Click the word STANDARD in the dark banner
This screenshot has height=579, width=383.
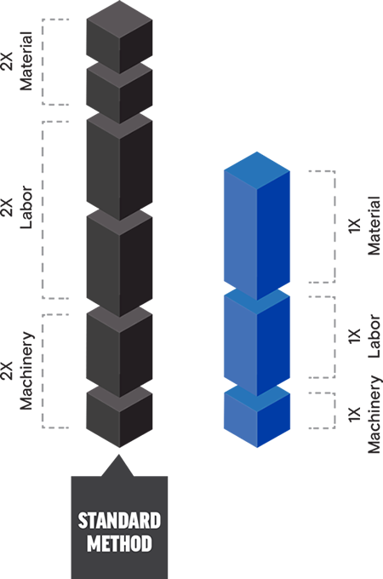point(119,520)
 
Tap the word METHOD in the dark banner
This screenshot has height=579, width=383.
point(119,543)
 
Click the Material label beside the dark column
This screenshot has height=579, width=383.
point(26,61)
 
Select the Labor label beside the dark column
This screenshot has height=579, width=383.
point(26,208)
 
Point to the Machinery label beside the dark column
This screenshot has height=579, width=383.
point(26,370)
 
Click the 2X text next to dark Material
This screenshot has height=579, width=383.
point(7,61)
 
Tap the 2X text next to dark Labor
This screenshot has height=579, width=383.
point(7,208)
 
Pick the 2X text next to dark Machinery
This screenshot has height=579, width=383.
point(7,370)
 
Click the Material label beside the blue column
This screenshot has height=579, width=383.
point(374,226)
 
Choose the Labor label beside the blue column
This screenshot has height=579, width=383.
point(374,336)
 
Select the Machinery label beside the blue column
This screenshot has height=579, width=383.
point(374,415)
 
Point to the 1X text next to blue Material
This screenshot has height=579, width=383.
point(354,226)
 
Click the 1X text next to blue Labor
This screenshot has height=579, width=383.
point(354,336)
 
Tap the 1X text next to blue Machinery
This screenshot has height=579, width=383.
point(354,415)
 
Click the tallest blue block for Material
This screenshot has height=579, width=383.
point(257,226)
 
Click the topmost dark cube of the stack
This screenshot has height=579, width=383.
point(119,37)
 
